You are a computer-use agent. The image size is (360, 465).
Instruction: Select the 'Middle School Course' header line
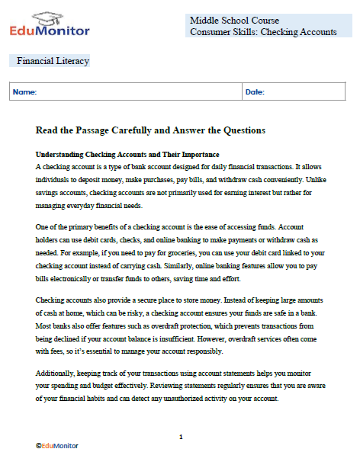234,20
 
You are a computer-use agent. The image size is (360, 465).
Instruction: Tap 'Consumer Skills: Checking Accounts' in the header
263,32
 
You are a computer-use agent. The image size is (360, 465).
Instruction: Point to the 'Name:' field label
24,92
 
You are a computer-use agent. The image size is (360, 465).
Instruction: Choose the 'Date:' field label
255,92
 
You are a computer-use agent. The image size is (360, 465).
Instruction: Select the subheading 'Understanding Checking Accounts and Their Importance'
117,155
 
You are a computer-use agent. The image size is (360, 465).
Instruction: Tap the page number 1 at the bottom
180,437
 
